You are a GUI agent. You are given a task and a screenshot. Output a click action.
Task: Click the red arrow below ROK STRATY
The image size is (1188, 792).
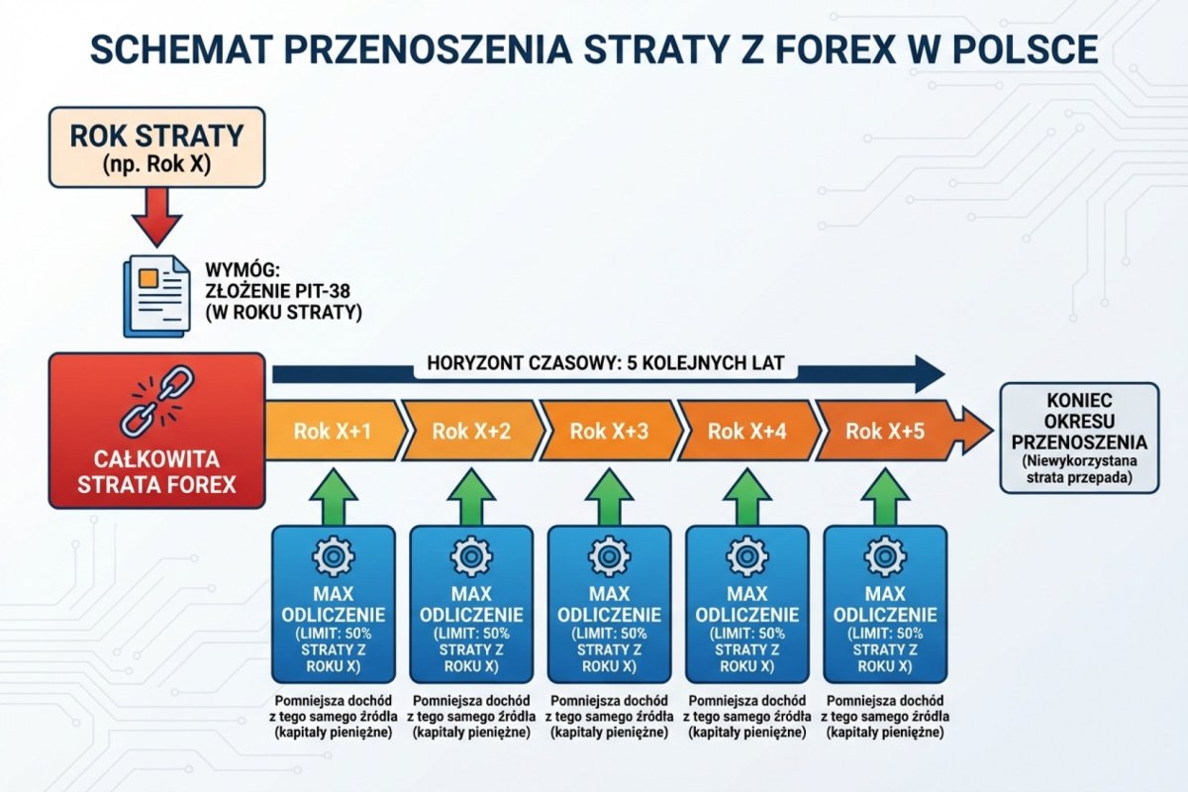point(156,217)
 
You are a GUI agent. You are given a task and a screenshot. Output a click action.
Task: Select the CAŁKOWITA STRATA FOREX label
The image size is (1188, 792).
point(157,473)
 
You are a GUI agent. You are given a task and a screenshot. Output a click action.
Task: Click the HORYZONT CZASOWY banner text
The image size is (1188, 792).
point(605,363)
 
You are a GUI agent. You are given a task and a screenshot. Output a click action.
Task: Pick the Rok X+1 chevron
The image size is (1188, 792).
point(332,431)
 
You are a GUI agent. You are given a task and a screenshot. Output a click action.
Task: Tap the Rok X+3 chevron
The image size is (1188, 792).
point(609,431)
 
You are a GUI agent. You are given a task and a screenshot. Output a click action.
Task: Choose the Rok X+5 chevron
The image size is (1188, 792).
point(885,431)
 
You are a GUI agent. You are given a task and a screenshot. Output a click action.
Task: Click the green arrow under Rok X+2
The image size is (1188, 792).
point(470,495)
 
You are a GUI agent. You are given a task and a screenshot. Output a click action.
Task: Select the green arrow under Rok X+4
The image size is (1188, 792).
point(746,495)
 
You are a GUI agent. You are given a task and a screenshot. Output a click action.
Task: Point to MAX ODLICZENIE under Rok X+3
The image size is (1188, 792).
point(609,604)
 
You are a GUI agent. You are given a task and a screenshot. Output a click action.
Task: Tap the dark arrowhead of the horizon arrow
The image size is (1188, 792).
point(931,373)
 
